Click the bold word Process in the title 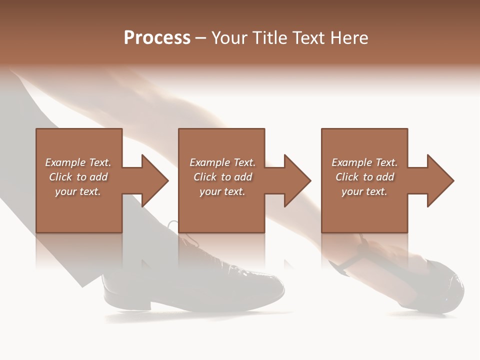click(157, 38)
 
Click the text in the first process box click(78, 177)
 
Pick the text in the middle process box click(222, 177)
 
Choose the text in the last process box click(364, 177)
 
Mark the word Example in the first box click(65, 162)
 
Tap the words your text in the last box click(364, 191)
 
